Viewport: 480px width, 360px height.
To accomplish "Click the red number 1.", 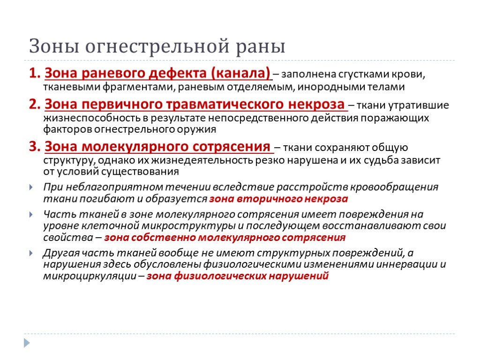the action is tap(35, 73).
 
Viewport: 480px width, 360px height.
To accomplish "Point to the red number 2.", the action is tap(35, 104).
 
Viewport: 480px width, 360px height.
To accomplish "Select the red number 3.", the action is tap(35, 146).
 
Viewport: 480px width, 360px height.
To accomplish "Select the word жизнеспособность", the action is tap(95, 118).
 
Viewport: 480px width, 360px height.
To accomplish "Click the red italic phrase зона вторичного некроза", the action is tap(278, 199).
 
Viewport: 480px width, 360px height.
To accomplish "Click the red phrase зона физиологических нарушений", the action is tap(238, 276).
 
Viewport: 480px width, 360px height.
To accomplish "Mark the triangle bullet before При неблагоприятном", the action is tap(31, 187).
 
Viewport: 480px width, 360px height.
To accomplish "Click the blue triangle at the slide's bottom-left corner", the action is tap(27, 343).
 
